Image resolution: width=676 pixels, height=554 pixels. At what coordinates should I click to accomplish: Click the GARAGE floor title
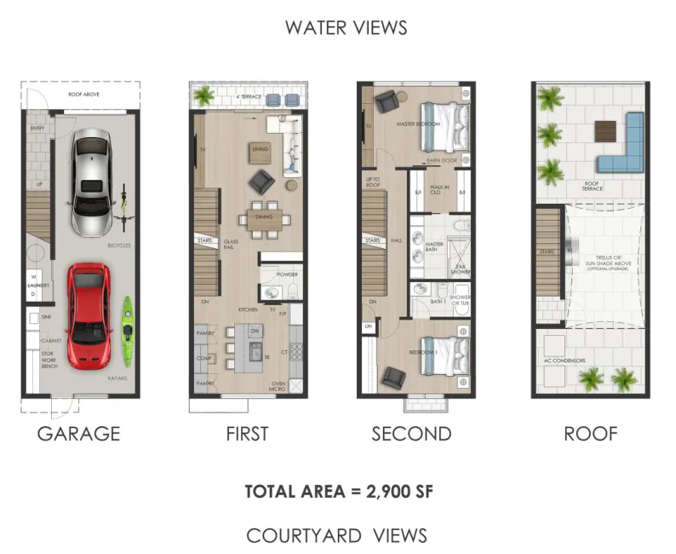pyautogui.click(x=78, y=434)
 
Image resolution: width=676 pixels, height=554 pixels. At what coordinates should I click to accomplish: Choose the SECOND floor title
pyautogui.click(x=411, y=434)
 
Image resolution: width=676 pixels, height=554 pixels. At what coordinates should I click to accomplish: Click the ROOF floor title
pyautogui.click(x=590, y=434)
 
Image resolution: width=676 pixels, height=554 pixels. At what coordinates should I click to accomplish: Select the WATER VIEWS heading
pyautogui.click(x=346, y=27)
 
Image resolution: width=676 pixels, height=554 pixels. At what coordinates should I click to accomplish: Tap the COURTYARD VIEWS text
pyautogui.click(x=336, y=535)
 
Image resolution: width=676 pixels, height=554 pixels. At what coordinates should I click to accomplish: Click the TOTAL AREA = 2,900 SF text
pyautogui.click(x=336, y=491)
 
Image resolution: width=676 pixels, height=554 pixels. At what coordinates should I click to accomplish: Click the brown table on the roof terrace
pyautogui.click(x=604, y=130)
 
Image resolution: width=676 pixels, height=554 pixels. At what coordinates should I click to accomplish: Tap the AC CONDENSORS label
pyautogui.click(x=564, y=361)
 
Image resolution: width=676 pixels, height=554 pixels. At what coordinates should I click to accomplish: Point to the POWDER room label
pyautogui.click(x=287, y=275)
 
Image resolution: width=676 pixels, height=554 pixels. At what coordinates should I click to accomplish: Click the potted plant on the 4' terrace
pyautogui.click(x=204, y=96)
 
